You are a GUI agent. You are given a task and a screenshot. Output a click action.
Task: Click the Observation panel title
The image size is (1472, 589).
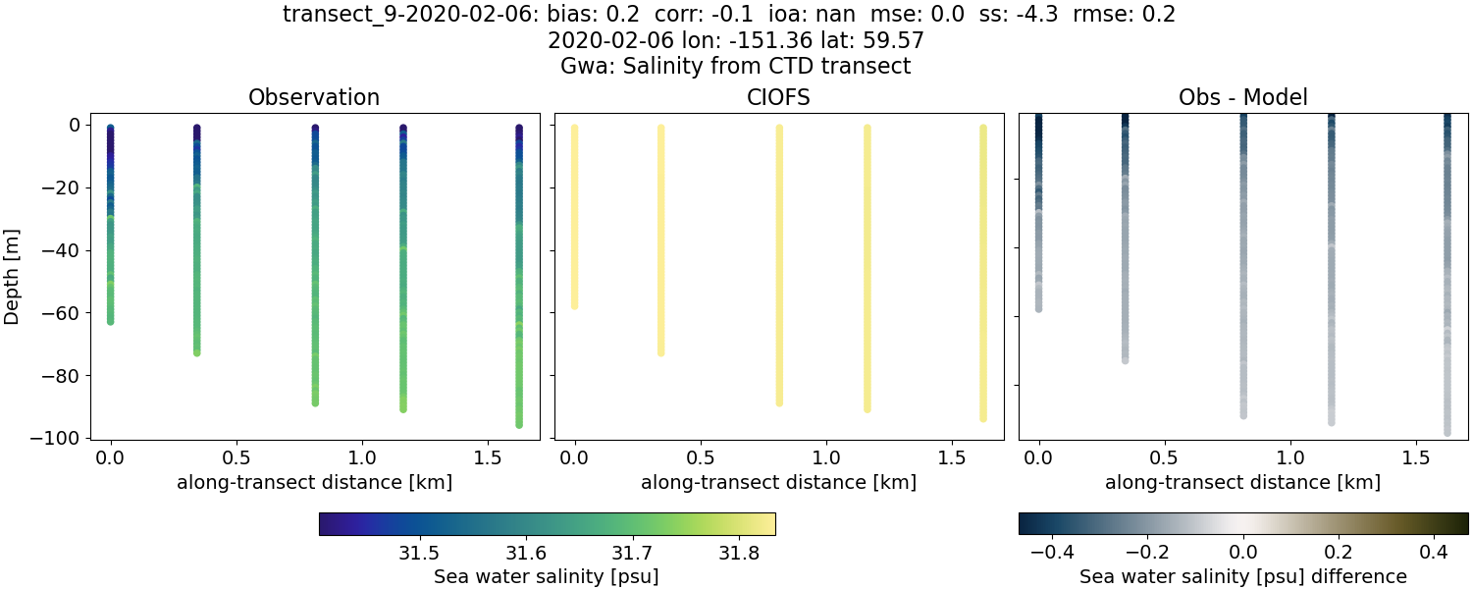(x=314, y=97)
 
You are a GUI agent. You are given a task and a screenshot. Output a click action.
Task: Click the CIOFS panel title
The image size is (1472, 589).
(x=778, y=97)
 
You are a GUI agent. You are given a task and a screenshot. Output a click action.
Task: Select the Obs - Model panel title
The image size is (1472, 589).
(x=1242, y=97)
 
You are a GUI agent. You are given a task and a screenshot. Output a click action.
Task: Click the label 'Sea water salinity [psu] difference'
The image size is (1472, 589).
(x=1242, y=576)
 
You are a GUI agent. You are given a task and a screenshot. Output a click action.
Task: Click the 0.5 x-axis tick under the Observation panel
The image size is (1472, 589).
(x=237, y=457)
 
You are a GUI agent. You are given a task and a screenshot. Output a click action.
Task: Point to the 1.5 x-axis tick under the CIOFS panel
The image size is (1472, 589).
(x=952, y=457)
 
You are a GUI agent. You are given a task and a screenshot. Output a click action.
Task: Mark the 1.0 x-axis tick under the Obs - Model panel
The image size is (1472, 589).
(x=1290, y=457)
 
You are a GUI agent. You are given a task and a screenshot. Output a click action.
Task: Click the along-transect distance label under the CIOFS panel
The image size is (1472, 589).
(x=778, y=482)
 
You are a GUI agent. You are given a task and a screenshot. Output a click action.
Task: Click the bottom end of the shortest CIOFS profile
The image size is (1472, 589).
(x=575, y=306)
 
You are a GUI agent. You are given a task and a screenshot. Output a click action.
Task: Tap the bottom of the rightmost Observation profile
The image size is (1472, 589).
(x=518, y=424)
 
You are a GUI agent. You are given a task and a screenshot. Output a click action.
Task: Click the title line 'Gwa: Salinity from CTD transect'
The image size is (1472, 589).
(x=735, y=67)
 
